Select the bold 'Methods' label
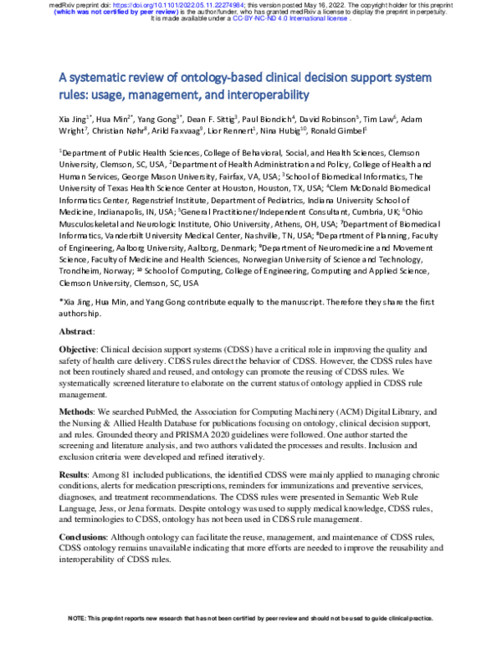coord(78,412)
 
